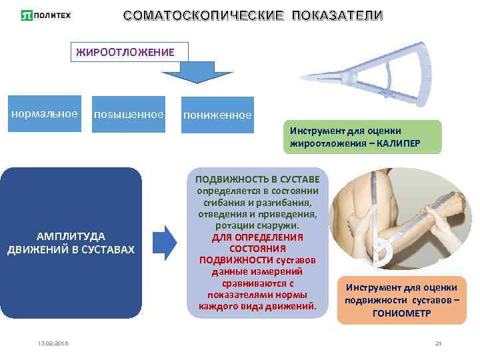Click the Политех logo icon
pyautogui.click(x=26, y=15)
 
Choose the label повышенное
pyautogui.click(x=129, y=115)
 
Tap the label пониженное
pyautogui.click(x=217, y=115)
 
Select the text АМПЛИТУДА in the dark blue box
pyautogui.click(x=71, y=236)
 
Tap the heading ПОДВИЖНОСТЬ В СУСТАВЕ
pyautogui.click(x=257, y=180)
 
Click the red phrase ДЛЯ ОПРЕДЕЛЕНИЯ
pyautogui.click(x=257, y=237)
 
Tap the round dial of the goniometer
pyautogui.click(x=383, y=253)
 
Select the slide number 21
pyautogui.click(x=438, y=343)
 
